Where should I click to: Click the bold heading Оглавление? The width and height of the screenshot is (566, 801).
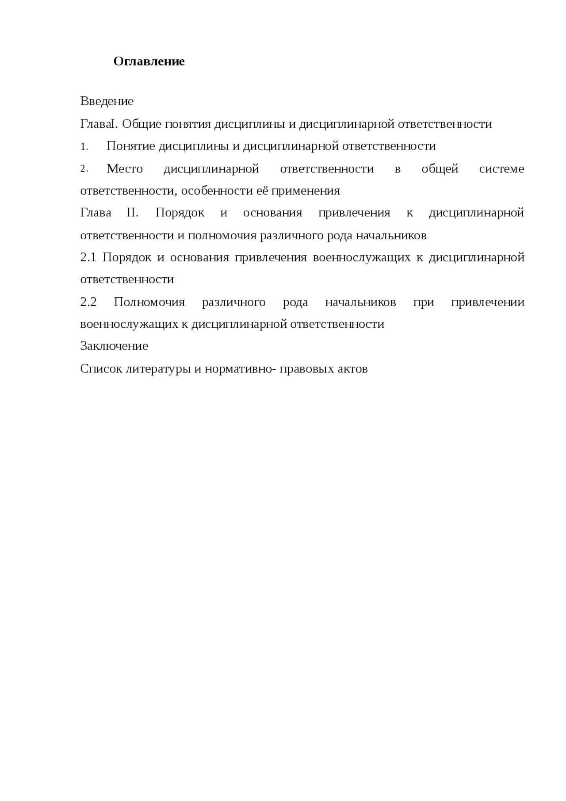(x=149, y=61)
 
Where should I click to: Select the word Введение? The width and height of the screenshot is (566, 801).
(x=107, y=101)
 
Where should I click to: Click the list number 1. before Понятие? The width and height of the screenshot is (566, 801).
(x=84, y=147)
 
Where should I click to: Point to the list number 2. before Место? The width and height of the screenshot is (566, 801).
(x=84, y=169)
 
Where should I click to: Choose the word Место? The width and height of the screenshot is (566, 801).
(x=125, y=169)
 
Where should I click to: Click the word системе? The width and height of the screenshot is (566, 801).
(x=501, y=169)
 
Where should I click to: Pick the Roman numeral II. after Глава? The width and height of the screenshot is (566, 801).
(x=133, y=213)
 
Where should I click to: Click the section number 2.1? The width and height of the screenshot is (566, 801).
(x=88, y=257)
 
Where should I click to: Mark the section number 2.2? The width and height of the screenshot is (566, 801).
(x=88, y=302)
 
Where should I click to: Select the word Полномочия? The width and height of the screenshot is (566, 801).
(x=149, y=302)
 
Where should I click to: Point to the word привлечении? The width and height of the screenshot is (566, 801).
(x=487, y=302)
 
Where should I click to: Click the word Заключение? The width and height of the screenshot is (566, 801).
(x=114, y=346)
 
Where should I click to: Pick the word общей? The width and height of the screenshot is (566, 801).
(x=440, y=169)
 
